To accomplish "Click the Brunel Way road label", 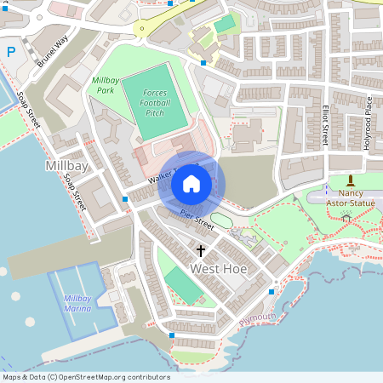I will (x=53, y=52).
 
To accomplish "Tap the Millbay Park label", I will (x=104, y=84).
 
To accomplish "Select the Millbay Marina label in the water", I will (x=77, y=304).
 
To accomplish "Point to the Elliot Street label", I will (x=325, y=124).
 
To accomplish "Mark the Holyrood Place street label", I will (x=369, y=124).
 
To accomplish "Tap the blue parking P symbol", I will (x=11, y=52).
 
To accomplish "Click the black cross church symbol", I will (x=202, y=251).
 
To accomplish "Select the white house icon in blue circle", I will (x=191, y=184).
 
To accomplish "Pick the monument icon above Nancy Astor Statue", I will (x=351, y=180).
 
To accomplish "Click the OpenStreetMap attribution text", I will (x=86, y=377).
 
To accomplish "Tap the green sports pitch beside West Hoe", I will (x=184, y=285).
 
